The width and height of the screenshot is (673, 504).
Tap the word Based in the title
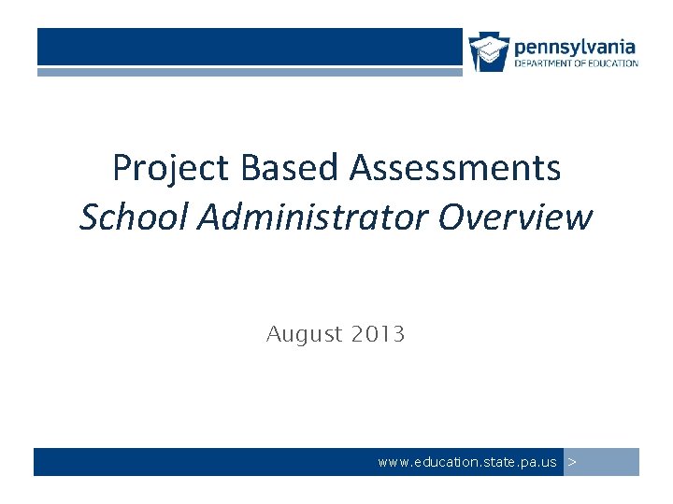tap(291, 169)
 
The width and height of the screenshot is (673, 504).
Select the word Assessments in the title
tap(455, 169)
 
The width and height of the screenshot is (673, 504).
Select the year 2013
tap(379, 334)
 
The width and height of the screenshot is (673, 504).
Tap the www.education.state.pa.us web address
tap(466, 462)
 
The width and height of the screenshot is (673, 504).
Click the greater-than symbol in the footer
tap(572, 462)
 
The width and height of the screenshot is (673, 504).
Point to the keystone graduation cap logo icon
tap(489, 50)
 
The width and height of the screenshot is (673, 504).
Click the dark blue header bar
tap(250, 47)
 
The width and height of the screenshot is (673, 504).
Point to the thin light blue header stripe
tap(250, 71)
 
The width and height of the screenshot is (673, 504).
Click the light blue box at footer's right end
tap(602, 462)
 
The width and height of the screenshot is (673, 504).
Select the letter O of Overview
tap(451, 217)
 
